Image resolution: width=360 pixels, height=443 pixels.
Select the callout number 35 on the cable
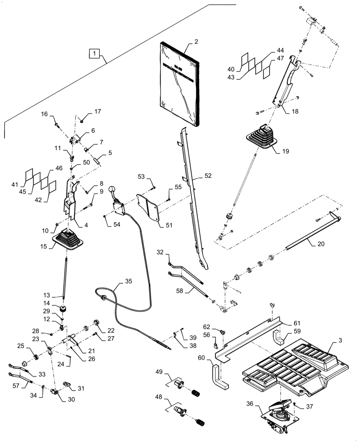pos(128,281)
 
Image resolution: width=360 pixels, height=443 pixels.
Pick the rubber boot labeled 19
pos(262,136)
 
